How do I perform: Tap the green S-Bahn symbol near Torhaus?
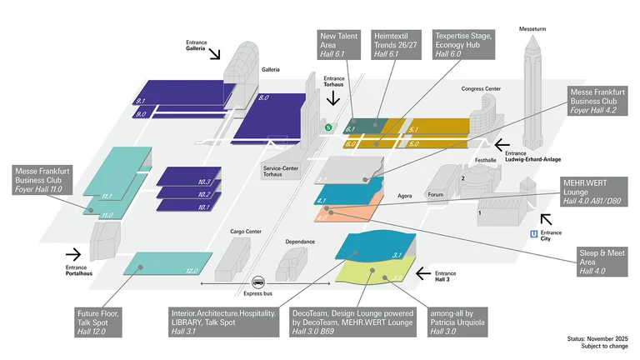click(328, 127)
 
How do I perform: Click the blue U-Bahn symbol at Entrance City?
click(533, 234)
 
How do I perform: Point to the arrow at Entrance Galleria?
click(214, 54)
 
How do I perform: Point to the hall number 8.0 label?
click(264, 98)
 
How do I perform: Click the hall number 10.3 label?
click(204, 182)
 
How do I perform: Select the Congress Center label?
click(481, 88)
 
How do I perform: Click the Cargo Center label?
click(246, 232)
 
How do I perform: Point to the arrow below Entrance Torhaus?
click(334, 97)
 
